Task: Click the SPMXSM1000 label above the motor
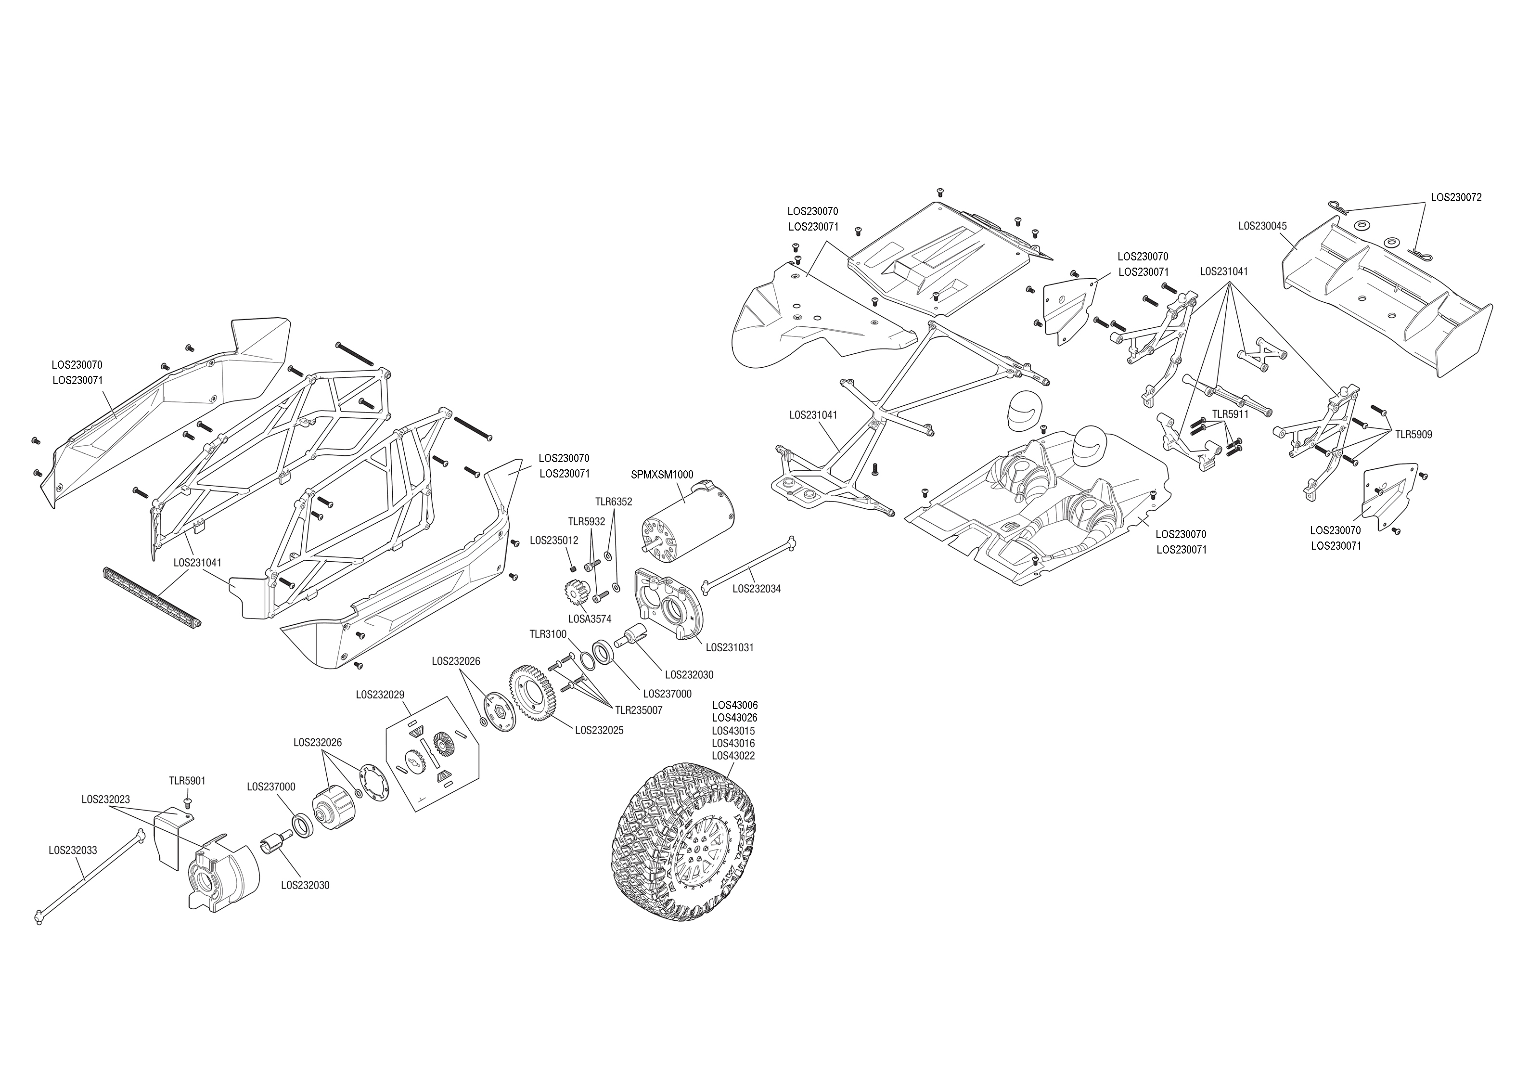[662, 475]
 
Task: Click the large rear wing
[1387, 300]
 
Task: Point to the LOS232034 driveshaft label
[756, 589]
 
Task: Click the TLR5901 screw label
[187, 780]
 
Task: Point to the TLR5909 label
[1413, 434]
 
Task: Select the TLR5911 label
[1230, 414]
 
